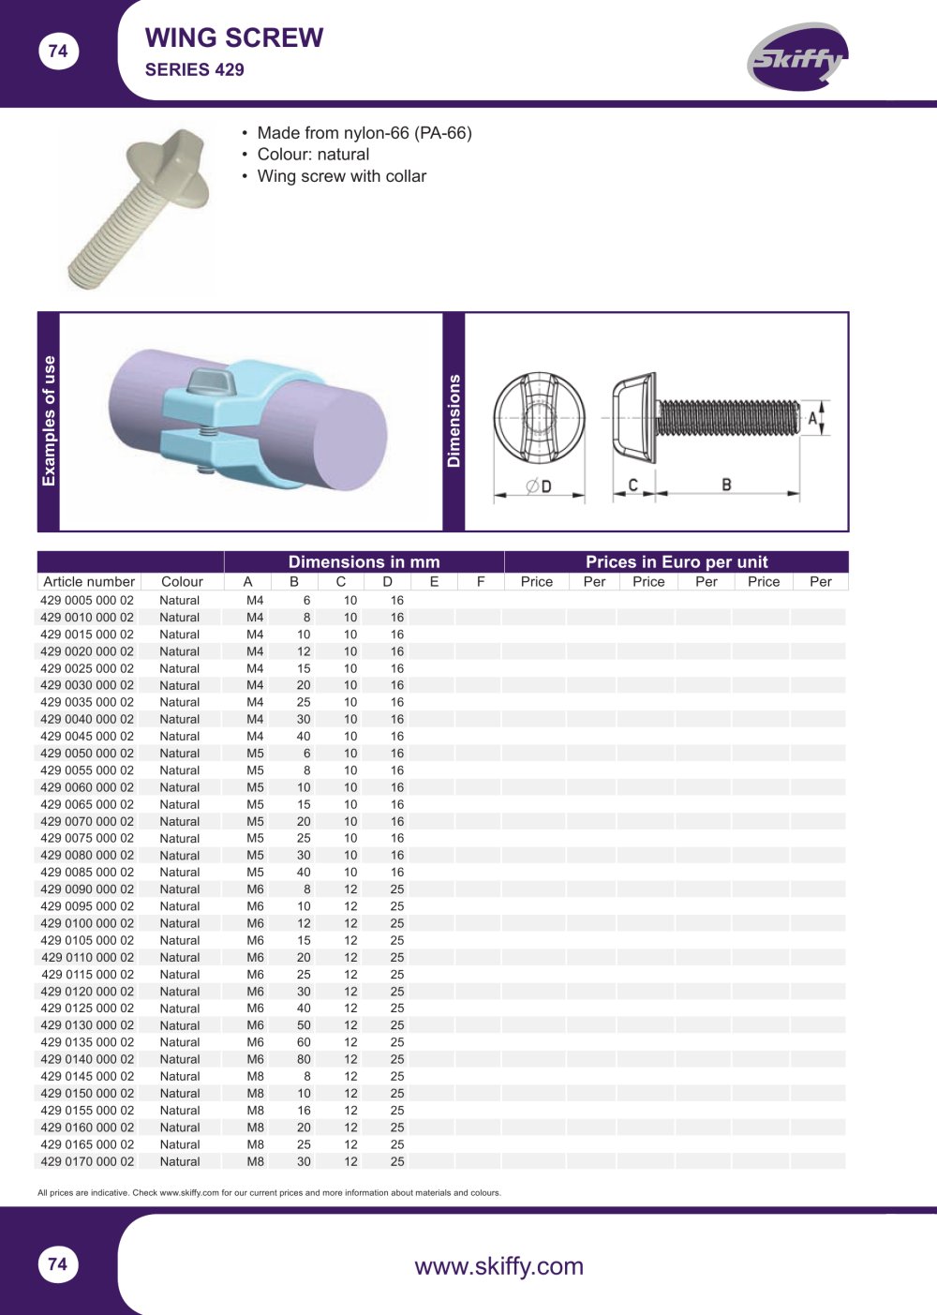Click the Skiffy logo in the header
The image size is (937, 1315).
[x=797, y=56]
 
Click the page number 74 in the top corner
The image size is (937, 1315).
[x=58, y=52]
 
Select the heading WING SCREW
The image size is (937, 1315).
[x=234, y=37]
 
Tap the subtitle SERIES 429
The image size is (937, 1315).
[x=194, y=70]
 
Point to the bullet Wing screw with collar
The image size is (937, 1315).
[x=341, y=176]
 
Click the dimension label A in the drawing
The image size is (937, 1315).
[x=812, y=418]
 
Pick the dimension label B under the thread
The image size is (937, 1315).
[x=726, y=485]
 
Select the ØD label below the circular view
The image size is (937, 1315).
[x=539, y=486]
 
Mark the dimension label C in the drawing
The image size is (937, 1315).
[x=632, y=485]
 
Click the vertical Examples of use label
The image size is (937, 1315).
[x=49, y=421]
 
